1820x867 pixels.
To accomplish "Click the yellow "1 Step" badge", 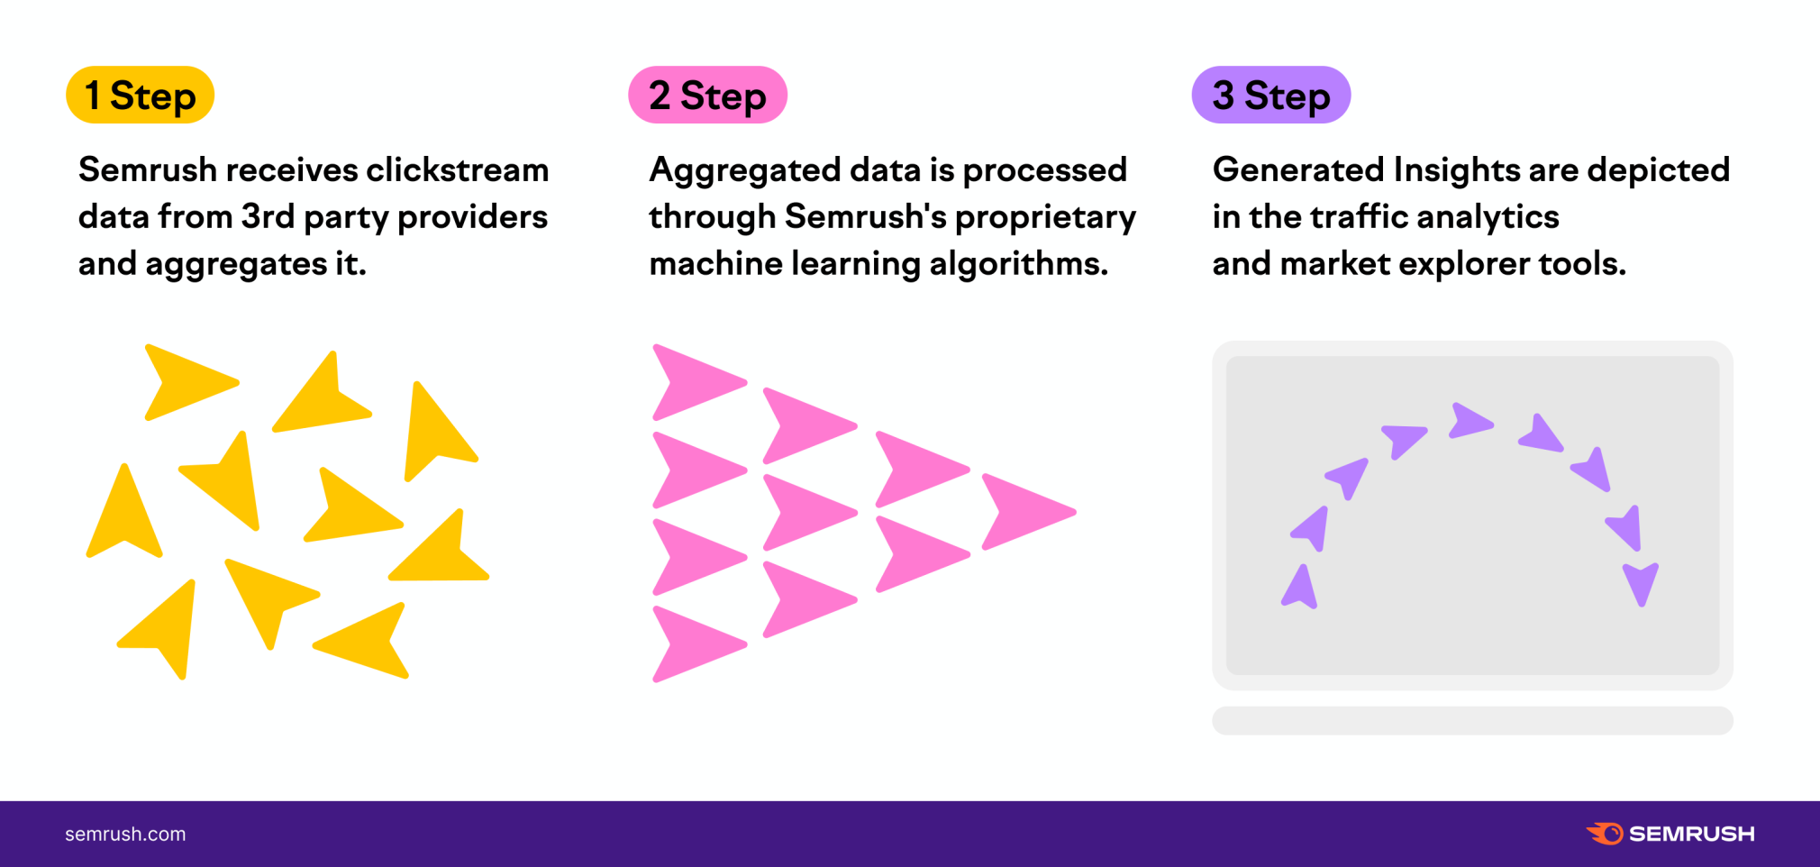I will (x=140, y=95).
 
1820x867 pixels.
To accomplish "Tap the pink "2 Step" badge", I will (x=707, y=95).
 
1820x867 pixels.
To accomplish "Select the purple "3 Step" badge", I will (x=1270, y=95).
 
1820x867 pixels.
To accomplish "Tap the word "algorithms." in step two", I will (x=1018, y=263).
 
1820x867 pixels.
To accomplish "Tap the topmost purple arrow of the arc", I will (x=1469, y=420).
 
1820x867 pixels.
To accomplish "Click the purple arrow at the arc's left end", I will (x=1300, y=589).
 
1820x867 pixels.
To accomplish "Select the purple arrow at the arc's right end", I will (x=1641, y=581).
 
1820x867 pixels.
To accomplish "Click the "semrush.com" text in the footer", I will (x=125, y=835).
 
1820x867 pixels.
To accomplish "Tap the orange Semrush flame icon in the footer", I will (x=1606, y=834).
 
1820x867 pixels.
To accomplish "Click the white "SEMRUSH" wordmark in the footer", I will (x=1691, y=834).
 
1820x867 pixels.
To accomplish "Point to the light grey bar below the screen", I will (x=1472, y=720).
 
